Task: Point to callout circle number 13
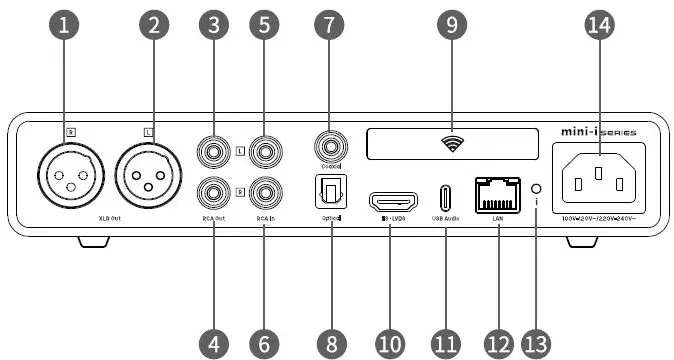[536, 343]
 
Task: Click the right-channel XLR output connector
[64, 177]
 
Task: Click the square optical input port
[329, 190]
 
